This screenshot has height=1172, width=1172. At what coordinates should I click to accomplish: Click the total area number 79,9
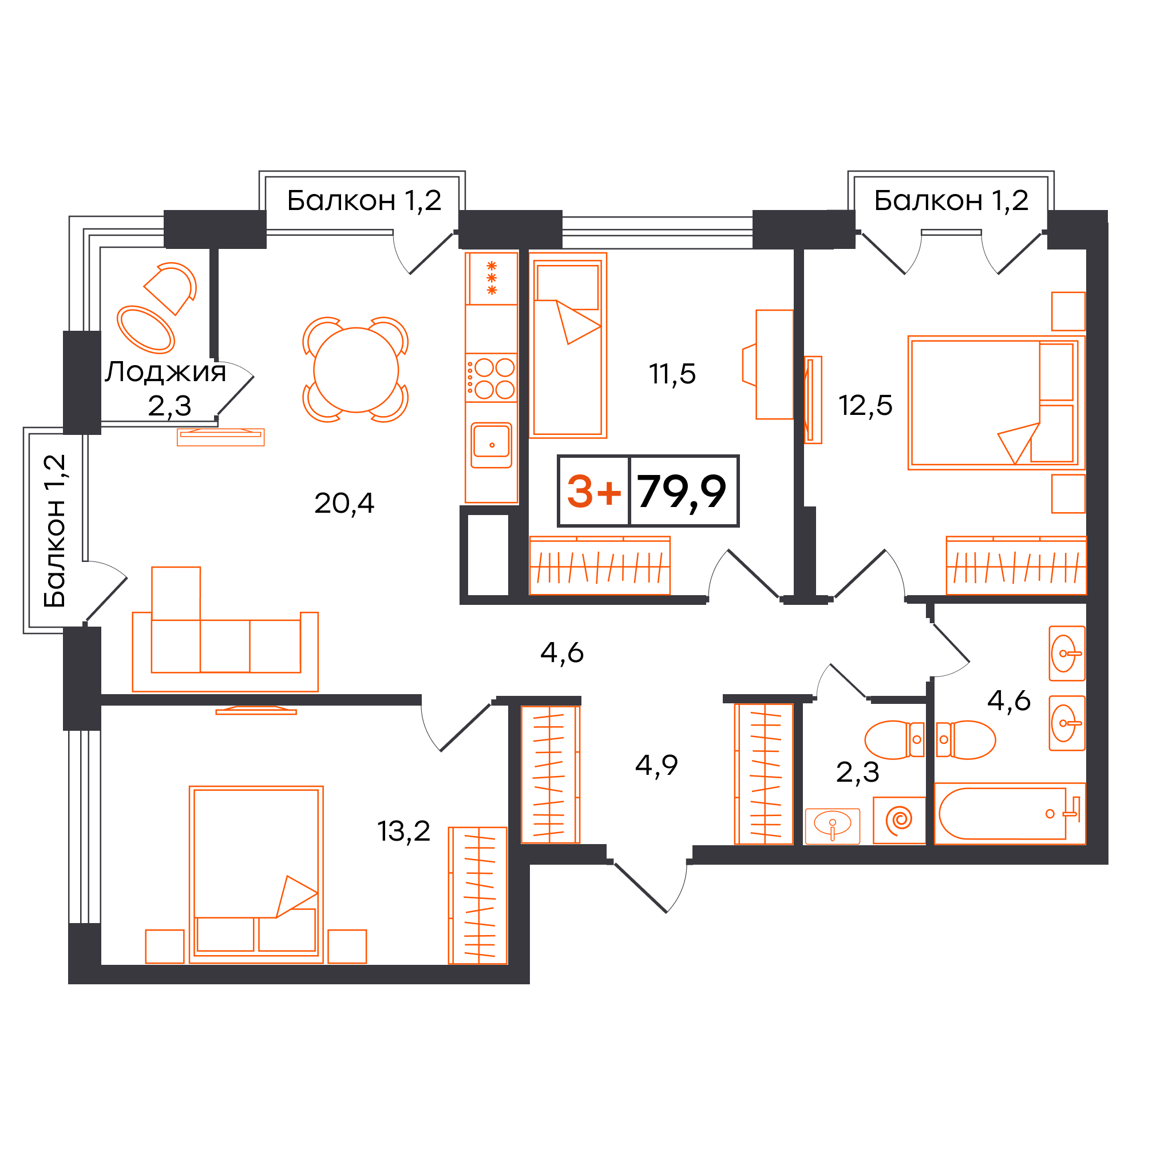[x=681, y=492]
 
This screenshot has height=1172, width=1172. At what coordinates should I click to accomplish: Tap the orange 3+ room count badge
[x=594, y=492]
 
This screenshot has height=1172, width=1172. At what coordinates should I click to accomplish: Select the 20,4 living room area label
[x=344, y=503]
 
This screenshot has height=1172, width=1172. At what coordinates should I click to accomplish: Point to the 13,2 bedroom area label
[x=403, y=831]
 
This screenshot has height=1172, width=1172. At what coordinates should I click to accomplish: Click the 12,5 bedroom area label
[x=865, y=405]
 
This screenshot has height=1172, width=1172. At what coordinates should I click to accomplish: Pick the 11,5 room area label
[x=672, y=374]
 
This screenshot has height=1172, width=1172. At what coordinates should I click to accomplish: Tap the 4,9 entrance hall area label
[x=656, y=765]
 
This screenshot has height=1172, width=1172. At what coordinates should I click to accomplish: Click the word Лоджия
[x=165, y=371]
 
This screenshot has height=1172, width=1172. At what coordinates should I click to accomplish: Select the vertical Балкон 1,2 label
[x=54, y=531]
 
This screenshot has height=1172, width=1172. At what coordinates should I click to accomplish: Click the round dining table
[x=356, y=370]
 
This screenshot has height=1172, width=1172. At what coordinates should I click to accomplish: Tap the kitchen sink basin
[x=492, y=445]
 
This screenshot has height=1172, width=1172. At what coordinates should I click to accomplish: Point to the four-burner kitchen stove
[x=492, y=377]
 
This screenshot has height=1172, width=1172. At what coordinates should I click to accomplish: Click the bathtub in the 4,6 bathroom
[x=1009, y=814]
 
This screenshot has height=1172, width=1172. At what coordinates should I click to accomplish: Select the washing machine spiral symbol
[x=899, y=820]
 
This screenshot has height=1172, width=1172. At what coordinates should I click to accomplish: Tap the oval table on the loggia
[x=145, y=330]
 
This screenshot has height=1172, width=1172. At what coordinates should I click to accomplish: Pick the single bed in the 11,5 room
[x=568, y=345]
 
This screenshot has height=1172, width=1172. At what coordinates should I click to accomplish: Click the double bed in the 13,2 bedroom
[x=256, y=874]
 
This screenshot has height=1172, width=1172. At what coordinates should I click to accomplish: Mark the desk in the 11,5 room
[x=774, y=365]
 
